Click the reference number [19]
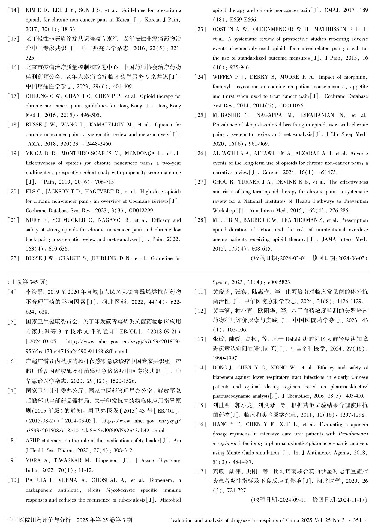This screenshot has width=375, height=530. (14, 154)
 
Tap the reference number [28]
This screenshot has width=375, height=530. (200, 220)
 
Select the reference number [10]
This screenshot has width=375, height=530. (14, 480)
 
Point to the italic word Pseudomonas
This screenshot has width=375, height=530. (353, 434)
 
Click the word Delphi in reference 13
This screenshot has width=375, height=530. (293, 339)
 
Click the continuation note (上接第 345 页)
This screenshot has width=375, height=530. (28, 282)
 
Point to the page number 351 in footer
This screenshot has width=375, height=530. (357, 520)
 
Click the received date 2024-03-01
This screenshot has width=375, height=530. (292, 258)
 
